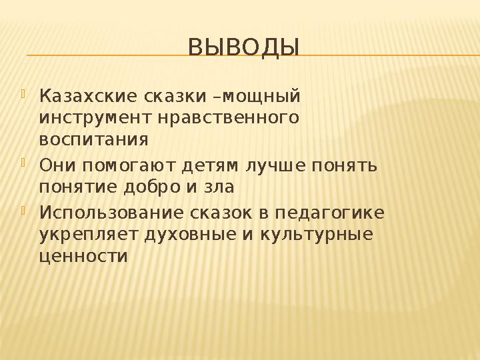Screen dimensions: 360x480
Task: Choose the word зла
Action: point(219,187)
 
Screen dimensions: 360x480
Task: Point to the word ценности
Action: point(83,257)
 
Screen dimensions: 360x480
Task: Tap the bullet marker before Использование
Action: point(25,211)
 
